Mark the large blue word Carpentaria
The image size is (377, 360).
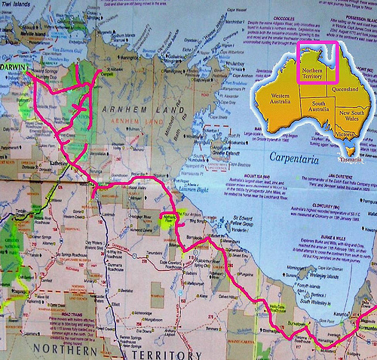pyautogui.click(x=299, y=160)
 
